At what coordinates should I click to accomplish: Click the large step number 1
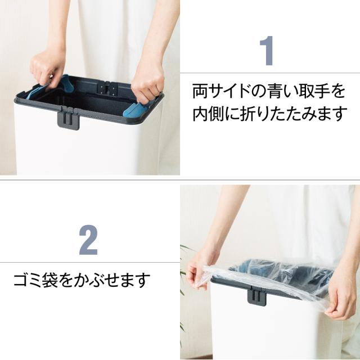coord(267,51)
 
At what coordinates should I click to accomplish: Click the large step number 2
coord(88,240)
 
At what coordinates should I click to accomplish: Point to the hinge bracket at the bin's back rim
coord(107,88)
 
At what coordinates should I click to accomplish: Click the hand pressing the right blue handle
coord(147,82)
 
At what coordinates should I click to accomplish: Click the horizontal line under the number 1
coord(270,73)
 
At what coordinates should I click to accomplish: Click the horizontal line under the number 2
coord(90,262)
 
